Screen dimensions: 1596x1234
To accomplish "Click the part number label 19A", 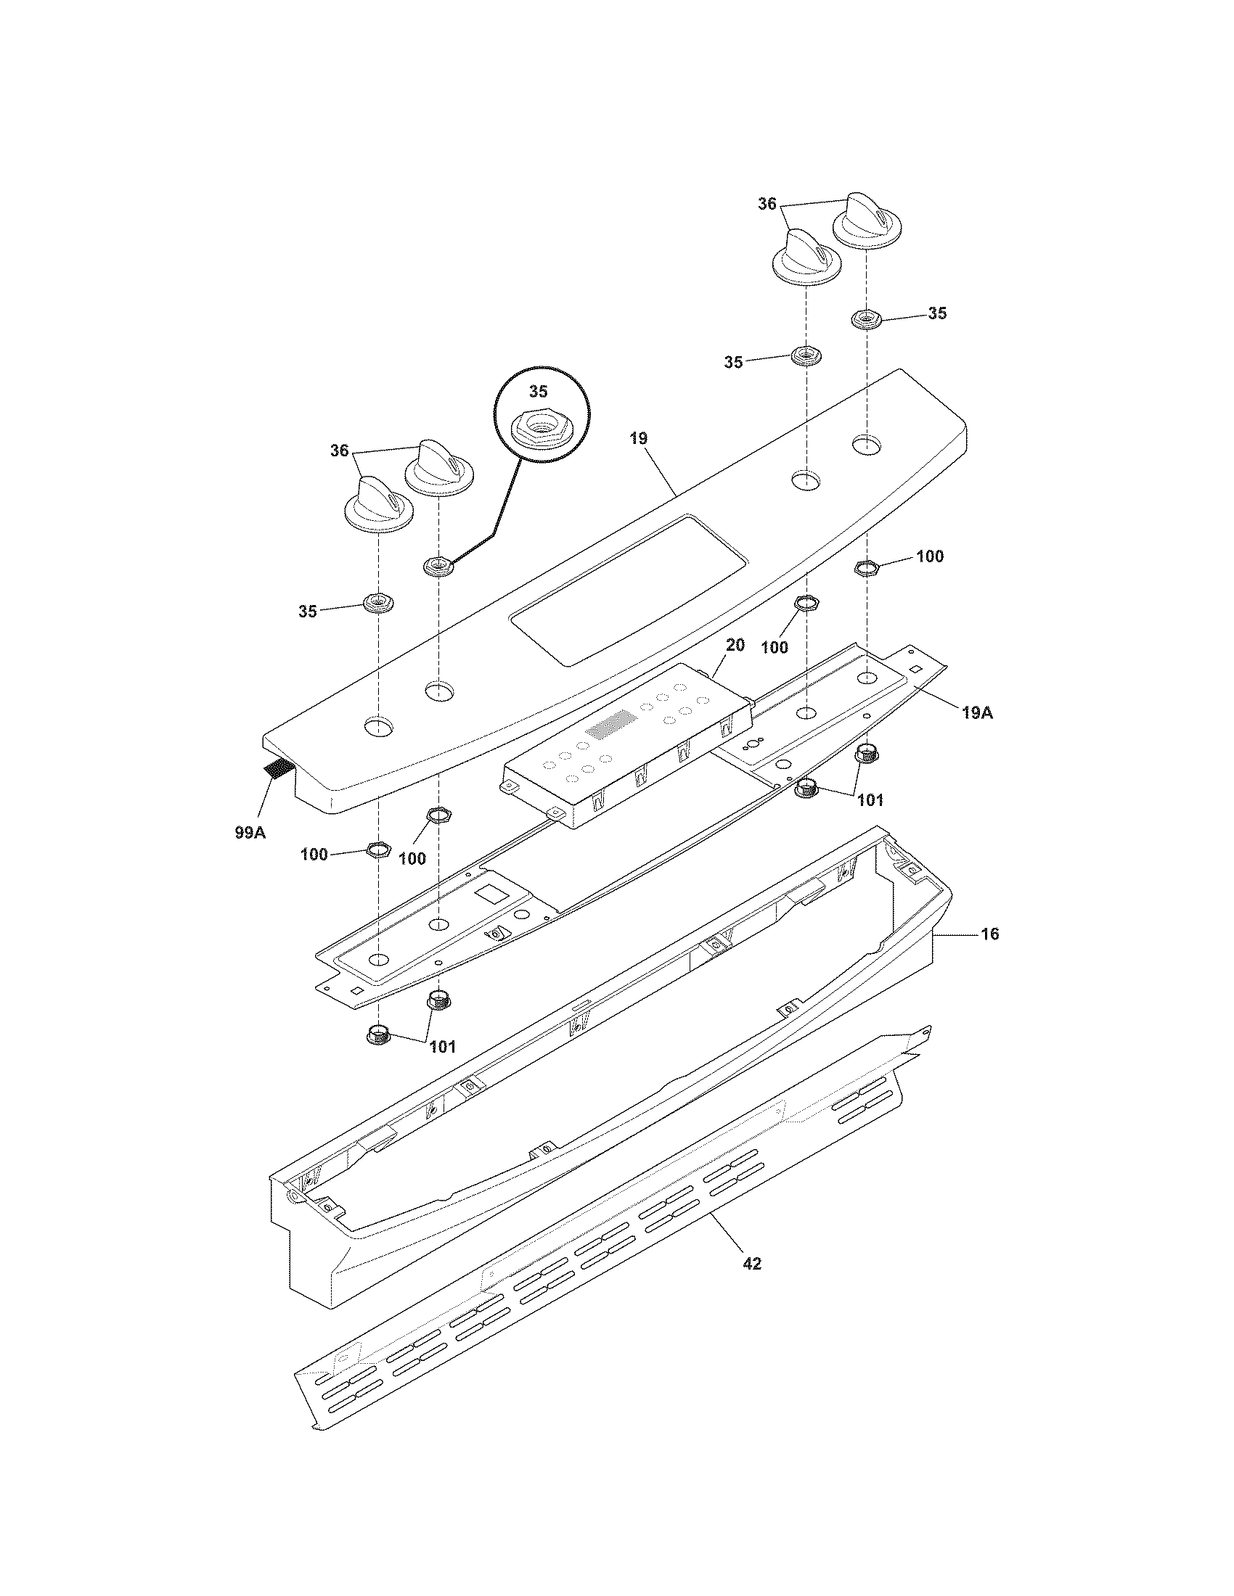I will click(978, 712).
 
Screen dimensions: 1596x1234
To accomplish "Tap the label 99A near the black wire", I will click(250, 831).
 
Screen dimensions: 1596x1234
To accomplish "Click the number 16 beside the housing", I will click(989, 934).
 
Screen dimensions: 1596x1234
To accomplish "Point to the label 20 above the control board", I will click(735, 644).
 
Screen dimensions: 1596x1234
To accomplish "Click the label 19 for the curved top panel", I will click(638, 438).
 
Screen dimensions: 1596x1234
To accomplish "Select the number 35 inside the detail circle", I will click(538, 392).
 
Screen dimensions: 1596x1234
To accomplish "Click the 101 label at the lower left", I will click(442, 1046).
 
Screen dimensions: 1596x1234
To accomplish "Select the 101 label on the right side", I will click(870, 799).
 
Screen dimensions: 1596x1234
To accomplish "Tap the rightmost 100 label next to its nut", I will click(929, 556).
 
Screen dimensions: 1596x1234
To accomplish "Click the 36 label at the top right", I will click(766, 205).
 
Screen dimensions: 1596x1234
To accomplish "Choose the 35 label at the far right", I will click(937, 313).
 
